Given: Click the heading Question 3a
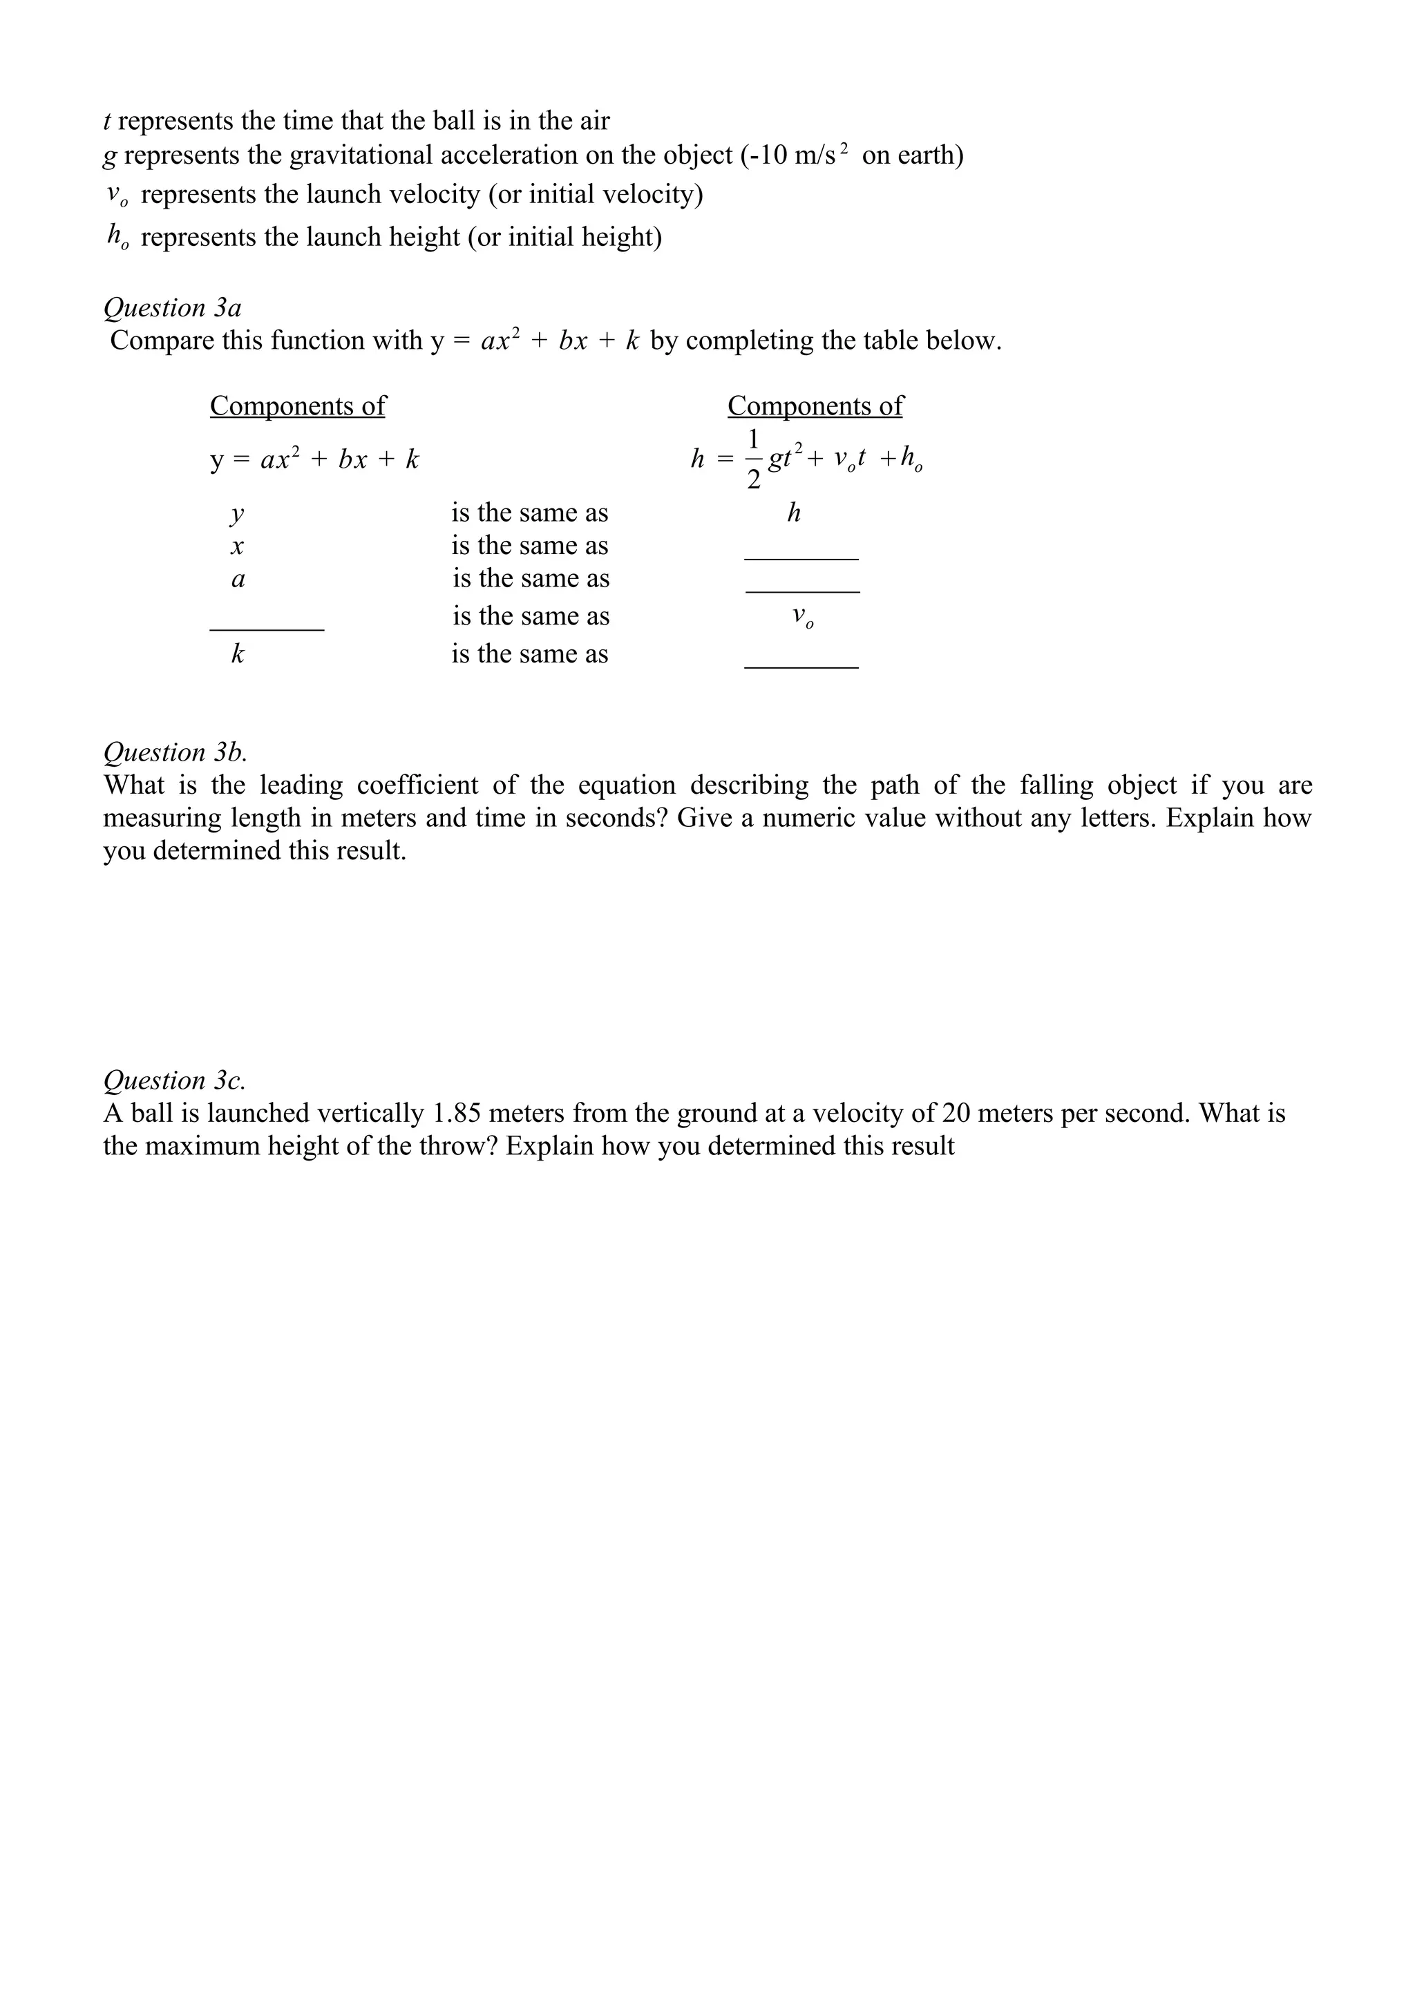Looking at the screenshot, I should coord(172,308).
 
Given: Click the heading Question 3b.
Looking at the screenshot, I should coord(174,752).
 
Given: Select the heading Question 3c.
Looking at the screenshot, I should coord(173,1080).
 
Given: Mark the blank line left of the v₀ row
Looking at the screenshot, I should coord(267,627).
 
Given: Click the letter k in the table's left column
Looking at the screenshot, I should coord(237,654).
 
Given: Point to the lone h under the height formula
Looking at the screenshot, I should coord(793,513).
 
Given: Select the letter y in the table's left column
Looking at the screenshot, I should coord(236,515).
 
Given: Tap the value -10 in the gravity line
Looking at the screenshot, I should coord(767,155).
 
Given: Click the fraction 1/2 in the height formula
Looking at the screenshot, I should coord(753,459).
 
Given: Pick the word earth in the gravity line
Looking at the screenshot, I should coord(926,155).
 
